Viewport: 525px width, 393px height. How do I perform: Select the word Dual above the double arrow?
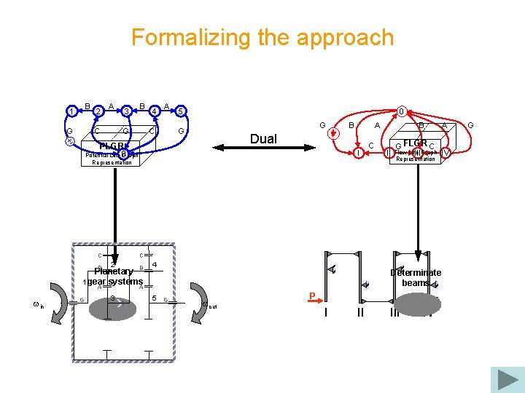point(263,139)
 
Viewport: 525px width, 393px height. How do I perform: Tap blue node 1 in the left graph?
point(72,111)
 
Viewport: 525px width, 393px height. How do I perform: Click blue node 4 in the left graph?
point(155,111)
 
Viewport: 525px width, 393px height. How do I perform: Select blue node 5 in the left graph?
point(181,111)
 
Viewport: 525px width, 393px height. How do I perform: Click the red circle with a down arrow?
point(334,133)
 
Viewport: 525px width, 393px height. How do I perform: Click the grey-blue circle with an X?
point(70,141)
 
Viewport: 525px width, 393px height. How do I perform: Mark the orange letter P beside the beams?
point(311,295)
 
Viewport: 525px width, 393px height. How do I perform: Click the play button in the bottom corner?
point(507,379)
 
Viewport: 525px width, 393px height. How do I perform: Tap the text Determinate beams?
point(415,278)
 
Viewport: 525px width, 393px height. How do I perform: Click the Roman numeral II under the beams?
point(359,312)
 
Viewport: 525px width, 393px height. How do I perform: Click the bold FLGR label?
point(414,143)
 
